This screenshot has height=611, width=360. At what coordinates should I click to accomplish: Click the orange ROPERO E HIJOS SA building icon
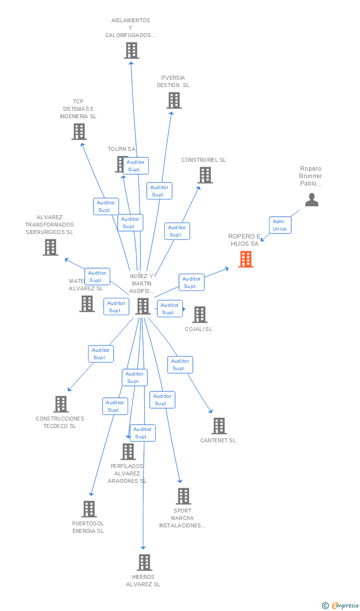pyautogui.click(x=246, y=259)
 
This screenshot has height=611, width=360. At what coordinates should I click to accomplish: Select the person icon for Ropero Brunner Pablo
pyautogui.click(x=312, y=199)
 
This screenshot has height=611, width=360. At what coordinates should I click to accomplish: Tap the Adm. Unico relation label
pyautogui.click(x=280, y=225)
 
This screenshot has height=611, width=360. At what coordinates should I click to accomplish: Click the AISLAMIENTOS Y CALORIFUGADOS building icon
pyautogui.click(x=132, y=50)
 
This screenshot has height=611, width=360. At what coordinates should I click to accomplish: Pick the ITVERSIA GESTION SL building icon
pyautogui.click(x=174, y=100)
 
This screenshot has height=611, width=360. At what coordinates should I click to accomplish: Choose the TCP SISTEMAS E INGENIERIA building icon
pyautogui.click(x=79, y=132)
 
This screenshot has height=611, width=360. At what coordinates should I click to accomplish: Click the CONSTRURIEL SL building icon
pyautogui.click(x=205, y=175)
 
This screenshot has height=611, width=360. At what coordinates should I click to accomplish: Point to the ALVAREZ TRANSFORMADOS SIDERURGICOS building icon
pyautogui.click(x=50, y=247)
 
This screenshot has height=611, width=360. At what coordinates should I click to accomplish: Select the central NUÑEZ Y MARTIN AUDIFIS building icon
pyautogui.click(x=143, y=306)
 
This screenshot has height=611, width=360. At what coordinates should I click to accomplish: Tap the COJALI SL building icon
pyautogui.click(x=200, y=315)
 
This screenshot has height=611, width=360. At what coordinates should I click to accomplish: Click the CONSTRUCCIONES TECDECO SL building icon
pyautogui.click(x=61, y=404)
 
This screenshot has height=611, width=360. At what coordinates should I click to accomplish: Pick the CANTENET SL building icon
pyautogui.click(x=219, y=426)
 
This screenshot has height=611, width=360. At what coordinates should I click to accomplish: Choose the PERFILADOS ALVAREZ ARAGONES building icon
pyautogui.click(x=128, y=452)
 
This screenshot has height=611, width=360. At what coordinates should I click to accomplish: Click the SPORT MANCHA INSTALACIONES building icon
pyautogui.click(x=183, y=496)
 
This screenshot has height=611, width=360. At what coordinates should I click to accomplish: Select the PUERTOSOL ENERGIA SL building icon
pyautogui.click(x=89, y=509)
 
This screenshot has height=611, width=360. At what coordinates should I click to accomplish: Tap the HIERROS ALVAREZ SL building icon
pyautogui.click(x=144, y=563)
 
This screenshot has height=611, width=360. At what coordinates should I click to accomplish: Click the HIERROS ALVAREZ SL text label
pyautogui.click(x=143, y=581)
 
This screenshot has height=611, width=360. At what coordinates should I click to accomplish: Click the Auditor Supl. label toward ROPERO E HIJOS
pyautogui.click(x=191, y=282)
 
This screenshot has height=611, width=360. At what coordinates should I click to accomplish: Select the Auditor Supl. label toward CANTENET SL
pyautogui.click(x=180, y=365)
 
